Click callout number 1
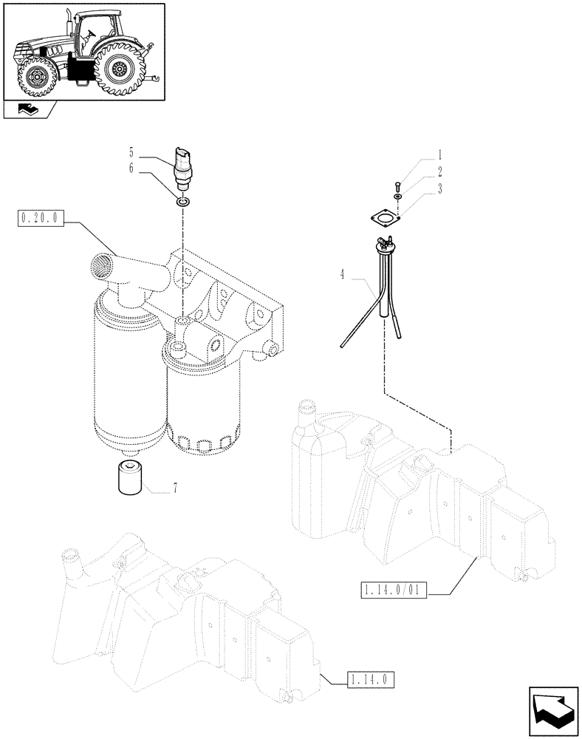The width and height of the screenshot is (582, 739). pyautogui.click(x=439, y=155)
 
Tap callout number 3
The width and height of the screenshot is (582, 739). pyautogui.click(x=439, y=188)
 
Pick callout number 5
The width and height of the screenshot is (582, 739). pyautogui.click(x=131, y=154)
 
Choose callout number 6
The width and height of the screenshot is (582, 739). pyautogui.click(x=131, y=168)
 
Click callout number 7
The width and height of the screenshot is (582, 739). pyautogui.click(x=174, y=488)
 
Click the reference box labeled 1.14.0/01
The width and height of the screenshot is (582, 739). pyautogui.click(x=394, y=590)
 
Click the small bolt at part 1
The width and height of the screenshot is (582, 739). pyautogui.click(x=397, y=185)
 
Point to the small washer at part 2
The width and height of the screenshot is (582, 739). pyautogui.click(x=397, y=198)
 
